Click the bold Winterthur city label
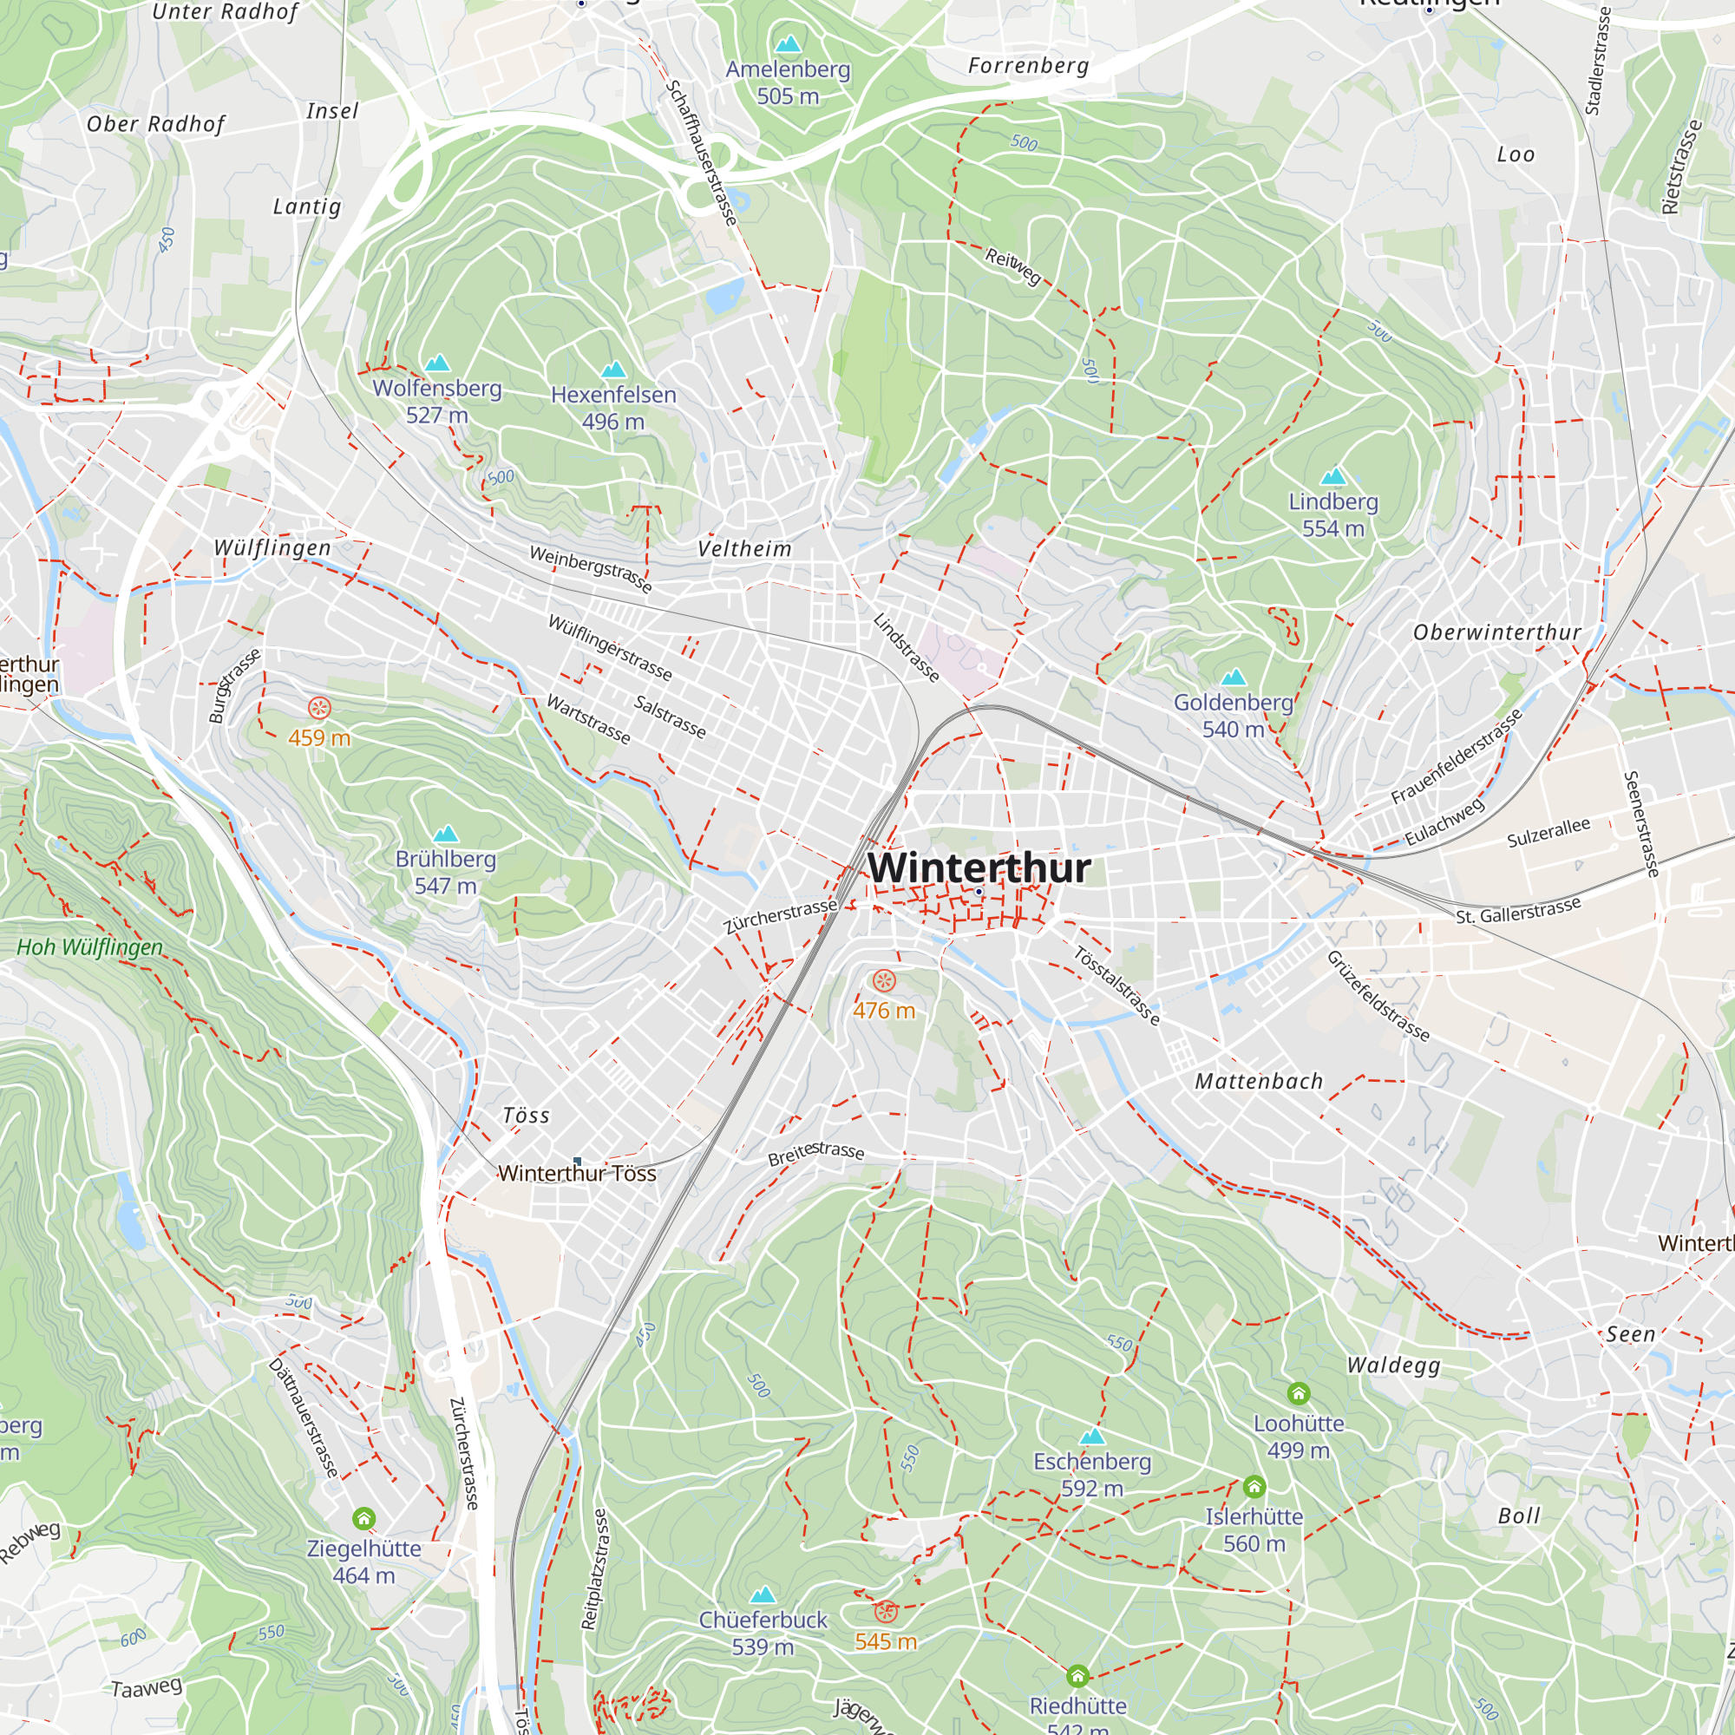point(978,867)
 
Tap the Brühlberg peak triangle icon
point(445,835)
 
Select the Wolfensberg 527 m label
point(436,402)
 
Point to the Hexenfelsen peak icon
point(613,369)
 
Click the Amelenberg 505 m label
point(788,82)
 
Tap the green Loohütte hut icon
point(1299,1393)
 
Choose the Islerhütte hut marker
point(1254,1486)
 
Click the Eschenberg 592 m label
point(1092,1475)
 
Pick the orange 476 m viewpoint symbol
point(885,980)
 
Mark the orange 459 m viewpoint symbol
point(318,708)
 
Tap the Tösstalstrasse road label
point(1117,985)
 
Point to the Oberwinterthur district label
point(1497,632)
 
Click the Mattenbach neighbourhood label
point(1258,1081)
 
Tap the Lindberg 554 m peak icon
point(1333,476)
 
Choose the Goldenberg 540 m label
point(1233,715)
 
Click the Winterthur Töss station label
point(578,1173)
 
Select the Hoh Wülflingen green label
point(90,946)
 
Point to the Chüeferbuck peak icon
point(763,1595)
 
